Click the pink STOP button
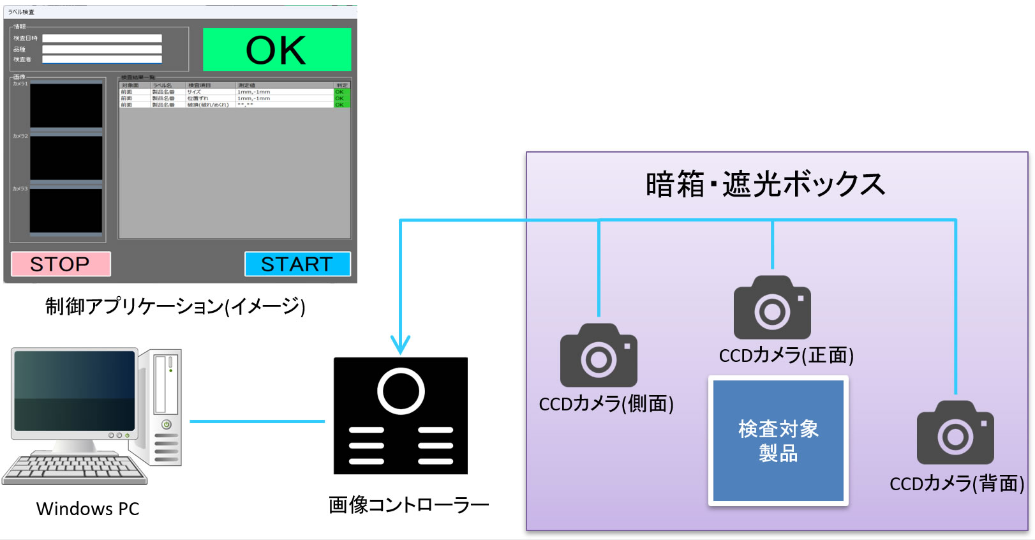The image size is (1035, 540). [x=61, y=264]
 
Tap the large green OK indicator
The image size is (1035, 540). [x=276, y=50]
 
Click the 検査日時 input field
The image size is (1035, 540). [x=102, y=38]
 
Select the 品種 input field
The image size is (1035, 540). [x=102, y=49]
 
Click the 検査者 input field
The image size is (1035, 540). [x=102, y=59]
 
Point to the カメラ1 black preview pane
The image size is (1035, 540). [x=66, y=106]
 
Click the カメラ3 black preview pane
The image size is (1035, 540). [x=66, y=211]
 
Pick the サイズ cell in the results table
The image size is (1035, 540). [x=210, y=92]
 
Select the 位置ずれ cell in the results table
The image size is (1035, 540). [x=210, y=98]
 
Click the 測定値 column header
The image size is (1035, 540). [x=284, y=85]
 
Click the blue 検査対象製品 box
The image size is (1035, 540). [x=778, y=441]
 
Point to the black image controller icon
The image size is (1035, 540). [x=401, y=416]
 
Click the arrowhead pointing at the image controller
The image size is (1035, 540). [x=400, y=345]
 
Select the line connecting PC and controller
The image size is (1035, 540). [x=257, y=421]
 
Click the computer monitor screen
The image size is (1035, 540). [x=75, y=391]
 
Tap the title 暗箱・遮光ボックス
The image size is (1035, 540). [x=765, y=184]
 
